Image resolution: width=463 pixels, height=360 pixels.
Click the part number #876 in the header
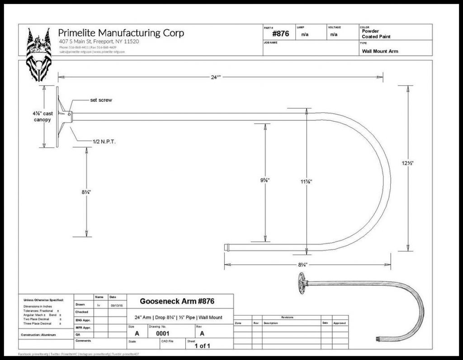pos(280,34)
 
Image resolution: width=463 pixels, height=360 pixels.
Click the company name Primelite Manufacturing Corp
pos(121,33)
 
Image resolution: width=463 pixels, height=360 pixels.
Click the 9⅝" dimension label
pos(265,180)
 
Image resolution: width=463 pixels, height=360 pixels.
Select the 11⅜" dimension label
pos(307,181)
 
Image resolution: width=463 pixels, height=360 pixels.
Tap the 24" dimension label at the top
pos(216,77)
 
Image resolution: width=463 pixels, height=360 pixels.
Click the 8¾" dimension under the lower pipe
pos(303,264)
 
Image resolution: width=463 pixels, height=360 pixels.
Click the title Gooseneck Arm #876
pos(177,301)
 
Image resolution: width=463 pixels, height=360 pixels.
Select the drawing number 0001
pos(162,333)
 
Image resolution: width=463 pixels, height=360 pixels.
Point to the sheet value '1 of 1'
pos(202,346)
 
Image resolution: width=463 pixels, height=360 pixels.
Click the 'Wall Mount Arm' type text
pos(380,51)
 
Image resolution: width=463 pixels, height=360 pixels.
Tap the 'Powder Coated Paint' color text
pos(376,34)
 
